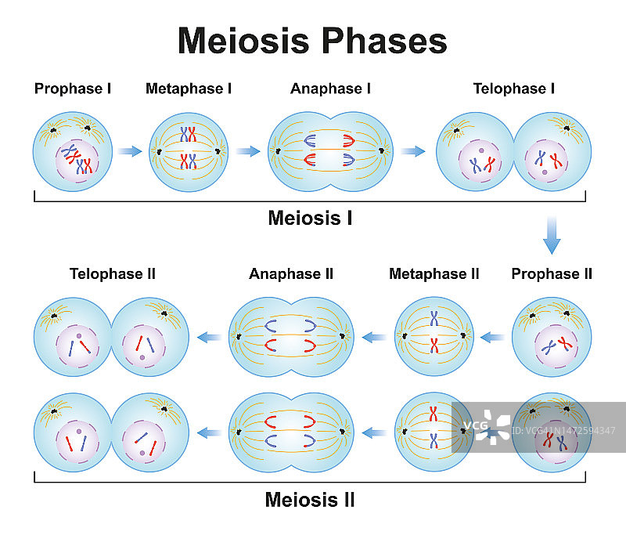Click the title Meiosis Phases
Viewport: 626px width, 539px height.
tap(312, 41)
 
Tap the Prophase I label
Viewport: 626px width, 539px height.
tap(73, 89)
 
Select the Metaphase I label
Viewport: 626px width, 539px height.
tap(189, 89)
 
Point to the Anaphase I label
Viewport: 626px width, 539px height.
tap(330, 89)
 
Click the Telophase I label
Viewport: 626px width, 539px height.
tap(514, 89)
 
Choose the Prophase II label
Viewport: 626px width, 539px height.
tap(552, 273)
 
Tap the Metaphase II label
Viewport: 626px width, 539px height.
tap(434, 273)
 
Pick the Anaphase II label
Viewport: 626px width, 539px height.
tap(291, 273)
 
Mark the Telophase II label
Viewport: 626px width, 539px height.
tap(113, 273)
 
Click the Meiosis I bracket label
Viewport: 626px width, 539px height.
tap(310, 218)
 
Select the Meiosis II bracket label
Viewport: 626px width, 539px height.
tap(310, 499)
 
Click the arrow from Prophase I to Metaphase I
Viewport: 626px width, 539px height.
tap(130, 151)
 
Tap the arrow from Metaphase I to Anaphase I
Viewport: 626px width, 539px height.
tap(247, 151)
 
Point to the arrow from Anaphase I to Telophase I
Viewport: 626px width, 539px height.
tap(412, 151)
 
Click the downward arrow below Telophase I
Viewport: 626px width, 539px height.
tap(552, 234)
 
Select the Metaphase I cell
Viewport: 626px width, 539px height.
tap(189, 152)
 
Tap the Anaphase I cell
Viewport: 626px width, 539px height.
tap(329, 151)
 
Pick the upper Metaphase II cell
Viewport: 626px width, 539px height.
tap(434, 337)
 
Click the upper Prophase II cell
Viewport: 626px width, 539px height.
tap(551, 336)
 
